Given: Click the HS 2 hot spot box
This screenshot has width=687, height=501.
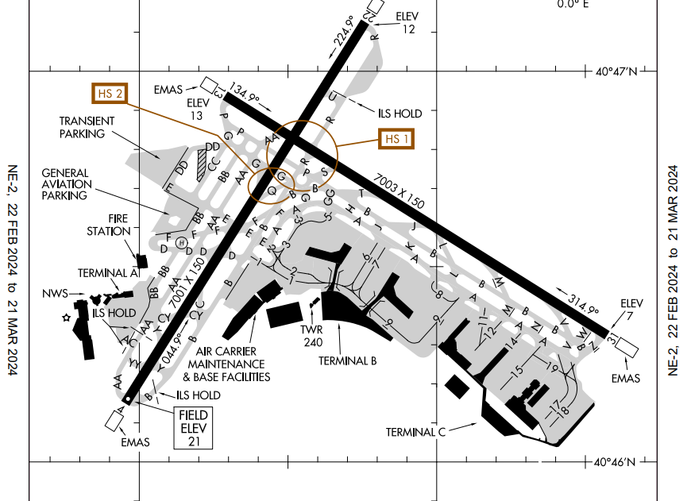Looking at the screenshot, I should tap(110, 93).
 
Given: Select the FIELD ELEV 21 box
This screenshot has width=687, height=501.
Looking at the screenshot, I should tap(193, 428).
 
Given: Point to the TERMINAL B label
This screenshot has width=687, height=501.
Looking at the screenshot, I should tap(347, 360).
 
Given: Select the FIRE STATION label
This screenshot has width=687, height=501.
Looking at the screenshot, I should tap(109, 225).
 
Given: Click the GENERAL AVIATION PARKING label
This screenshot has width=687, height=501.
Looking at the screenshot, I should tap(65, 184).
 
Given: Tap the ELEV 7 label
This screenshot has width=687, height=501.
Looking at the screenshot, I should tap(631, 309).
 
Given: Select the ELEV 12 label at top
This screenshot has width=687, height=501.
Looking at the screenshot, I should tap(408, 23).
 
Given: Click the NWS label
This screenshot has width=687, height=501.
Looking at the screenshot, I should tap(56, 292).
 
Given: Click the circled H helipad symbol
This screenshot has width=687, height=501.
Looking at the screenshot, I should tap(181, 242).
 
